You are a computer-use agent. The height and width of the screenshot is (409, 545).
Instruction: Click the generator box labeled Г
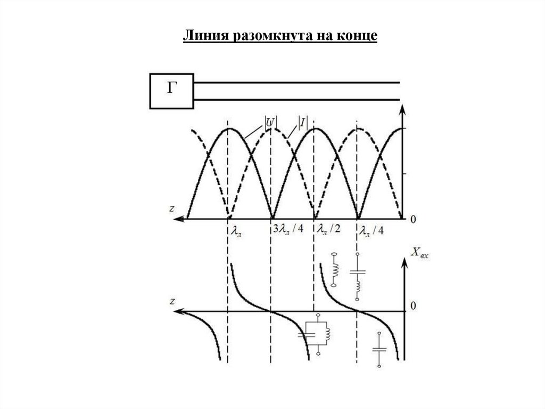tap(171, 91)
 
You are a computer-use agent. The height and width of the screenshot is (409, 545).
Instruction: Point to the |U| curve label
tap(270, 122)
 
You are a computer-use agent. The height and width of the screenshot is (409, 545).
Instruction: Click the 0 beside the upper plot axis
tap(414, 219)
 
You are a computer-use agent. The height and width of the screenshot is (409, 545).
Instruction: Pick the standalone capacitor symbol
tap(379, 350)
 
